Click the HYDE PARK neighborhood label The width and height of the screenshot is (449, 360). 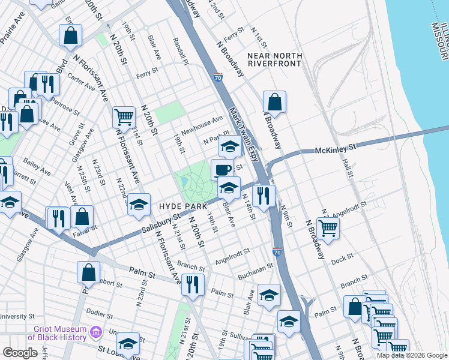[x=179, y=206]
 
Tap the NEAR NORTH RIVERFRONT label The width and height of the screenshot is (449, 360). [x=274, y=61]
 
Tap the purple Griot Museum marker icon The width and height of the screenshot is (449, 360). [x=95, y=332]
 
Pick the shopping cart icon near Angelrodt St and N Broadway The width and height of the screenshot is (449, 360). [x=328, y=227]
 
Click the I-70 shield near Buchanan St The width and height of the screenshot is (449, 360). [x=277, y=253]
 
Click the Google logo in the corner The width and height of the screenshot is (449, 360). [x=20, y=353]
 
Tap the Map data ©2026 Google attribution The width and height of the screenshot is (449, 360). [x=412, y=355]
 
